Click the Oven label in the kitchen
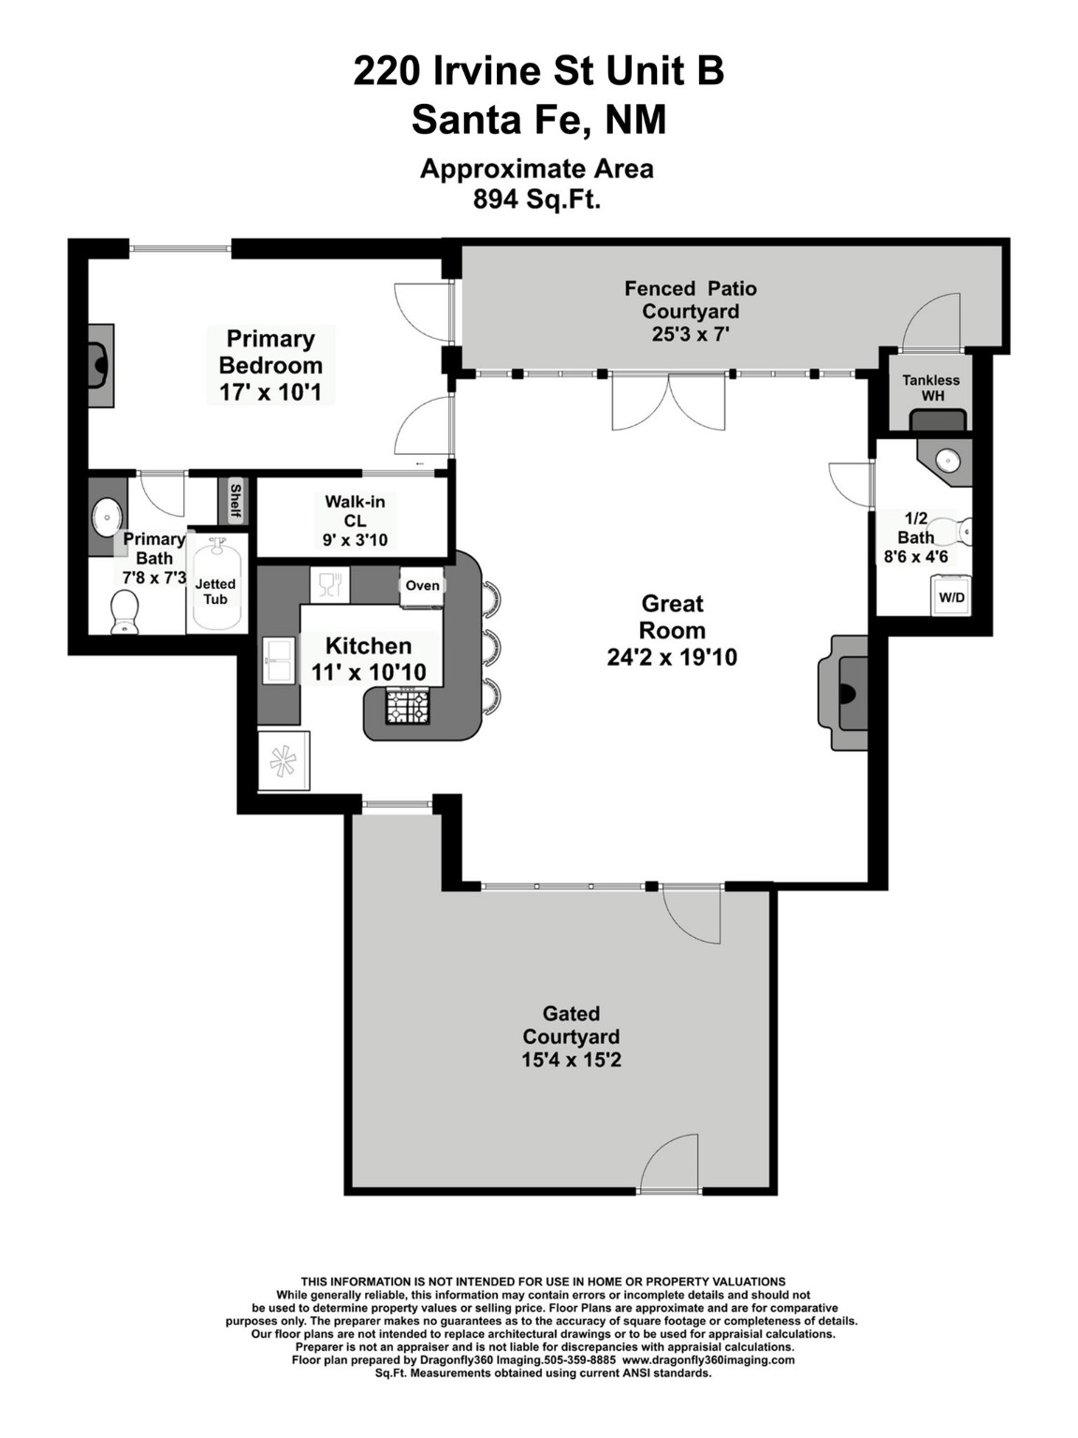point(422,585)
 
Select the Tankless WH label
point(931,388)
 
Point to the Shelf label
point(234,501)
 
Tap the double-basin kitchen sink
point(279,661)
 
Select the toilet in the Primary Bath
point(124,612)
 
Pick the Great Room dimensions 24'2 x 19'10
point(672,657)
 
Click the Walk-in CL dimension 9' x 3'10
point(356,540)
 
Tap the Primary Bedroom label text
point(270,352)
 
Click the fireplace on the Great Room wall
point(844,692)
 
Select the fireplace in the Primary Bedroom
point(101,364)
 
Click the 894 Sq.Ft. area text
point(537,199)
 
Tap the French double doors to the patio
point(668,401)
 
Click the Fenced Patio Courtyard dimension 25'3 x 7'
point(691,334)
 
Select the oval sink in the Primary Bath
point(106,517)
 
